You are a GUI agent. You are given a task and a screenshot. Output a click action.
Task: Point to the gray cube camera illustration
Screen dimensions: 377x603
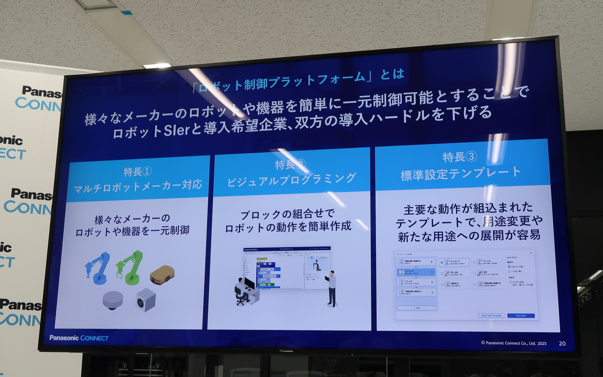[145, 300]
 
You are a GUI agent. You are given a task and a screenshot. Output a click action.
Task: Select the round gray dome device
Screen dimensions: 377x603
[113, 300]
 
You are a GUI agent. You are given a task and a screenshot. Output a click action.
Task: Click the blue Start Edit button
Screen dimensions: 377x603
[521, 315]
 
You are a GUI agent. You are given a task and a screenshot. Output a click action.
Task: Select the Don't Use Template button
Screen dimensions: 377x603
[492, 315]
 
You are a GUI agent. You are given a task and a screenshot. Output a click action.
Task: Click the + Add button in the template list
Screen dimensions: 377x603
[417, 308]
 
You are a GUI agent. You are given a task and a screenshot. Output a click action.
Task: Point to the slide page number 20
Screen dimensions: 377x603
[562, 343]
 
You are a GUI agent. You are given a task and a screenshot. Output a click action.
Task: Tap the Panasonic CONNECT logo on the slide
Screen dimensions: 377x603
[79, 338]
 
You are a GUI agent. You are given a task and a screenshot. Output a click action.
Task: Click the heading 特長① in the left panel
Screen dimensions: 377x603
[138, 172]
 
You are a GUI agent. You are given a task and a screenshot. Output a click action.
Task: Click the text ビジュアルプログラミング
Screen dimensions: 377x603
[291, 180]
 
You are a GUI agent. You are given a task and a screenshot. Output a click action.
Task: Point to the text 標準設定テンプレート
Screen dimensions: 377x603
[460, 173]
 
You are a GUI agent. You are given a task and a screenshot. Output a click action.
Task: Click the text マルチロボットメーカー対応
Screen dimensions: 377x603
[138, 187]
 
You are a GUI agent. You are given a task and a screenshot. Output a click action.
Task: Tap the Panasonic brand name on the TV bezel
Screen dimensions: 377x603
[286, 351]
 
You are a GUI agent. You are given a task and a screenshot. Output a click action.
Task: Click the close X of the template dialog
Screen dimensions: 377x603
[531, 253]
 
